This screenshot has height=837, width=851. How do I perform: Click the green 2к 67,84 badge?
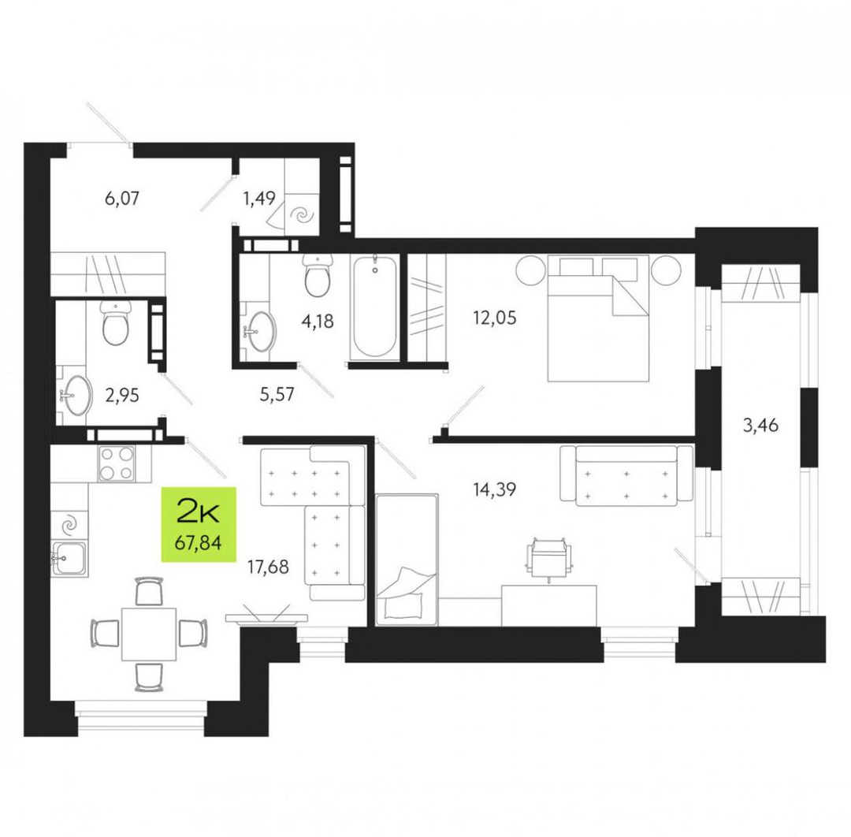(199, 524)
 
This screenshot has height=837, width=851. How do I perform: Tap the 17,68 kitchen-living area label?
(268, 567)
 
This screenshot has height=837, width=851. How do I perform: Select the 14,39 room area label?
(494, 490)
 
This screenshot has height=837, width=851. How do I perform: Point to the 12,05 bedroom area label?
(494, 318)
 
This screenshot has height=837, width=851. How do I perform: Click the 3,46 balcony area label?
(760, 425)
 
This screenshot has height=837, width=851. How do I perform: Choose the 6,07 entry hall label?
(122, 198)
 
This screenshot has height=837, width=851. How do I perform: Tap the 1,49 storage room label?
(259, 198)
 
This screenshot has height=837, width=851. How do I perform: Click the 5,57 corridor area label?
(277, 395)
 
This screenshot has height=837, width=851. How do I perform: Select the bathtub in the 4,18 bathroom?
(375, 307)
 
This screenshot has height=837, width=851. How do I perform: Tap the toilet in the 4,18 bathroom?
(318, 275)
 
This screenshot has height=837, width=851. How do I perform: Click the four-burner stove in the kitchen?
(116, 463)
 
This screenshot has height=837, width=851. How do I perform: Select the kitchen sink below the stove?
(69, 559)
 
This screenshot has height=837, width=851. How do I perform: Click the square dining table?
(149, 634)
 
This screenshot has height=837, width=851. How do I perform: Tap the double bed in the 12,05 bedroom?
(598, 318)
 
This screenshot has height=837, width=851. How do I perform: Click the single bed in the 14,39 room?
(407, 559)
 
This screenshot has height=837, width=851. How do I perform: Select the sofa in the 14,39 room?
(627, 475)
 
